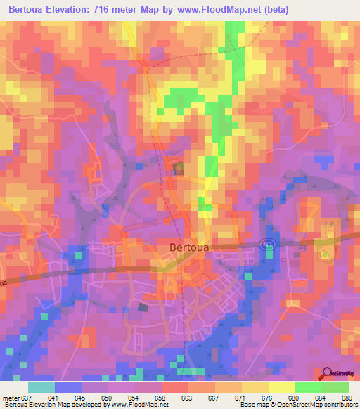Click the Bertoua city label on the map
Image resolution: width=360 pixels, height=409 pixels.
(x=191, y=247)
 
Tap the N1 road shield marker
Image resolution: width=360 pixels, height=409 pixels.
(x=266, y=243)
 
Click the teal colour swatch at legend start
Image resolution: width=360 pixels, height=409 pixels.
(x=41, y=387)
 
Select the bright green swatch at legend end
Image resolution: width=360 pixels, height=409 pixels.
(x=335, y=387)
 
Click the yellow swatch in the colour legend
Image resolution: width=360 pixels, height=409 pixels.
(x=281, y=387)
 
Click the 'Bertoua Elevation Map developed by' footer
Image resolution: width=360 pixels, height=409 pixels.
(x=56, y=404)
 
